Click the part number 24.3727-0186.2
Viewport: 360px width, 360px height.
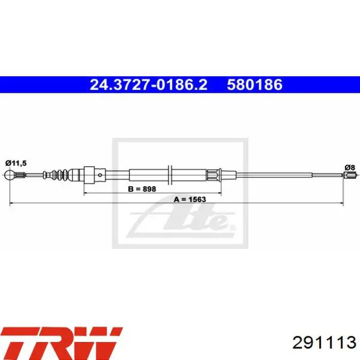pyautogui.click(x=149, y=84)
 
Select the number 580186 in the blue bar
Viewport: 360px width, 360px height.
pyautogui.click(x=255, y=84)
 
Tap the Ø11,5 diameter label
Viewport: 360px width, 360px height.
pyautogui.click(x=16, y=163)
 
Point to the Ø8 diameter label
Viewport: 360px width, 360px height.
pyautogui.click(x=350, y=167)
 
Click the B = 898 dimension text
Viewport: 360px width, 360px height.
pyautogui.click(x=142, y=189)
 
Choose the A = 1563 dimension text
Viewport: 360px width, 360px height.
pyautogui.click(x=190, y=200)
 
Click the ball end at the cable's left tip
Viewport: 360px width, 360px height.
pyautogui.click(x=9, y=175)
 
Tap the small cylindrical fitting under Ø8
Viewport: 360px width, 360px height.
pyautogui.click(x=349, y=175)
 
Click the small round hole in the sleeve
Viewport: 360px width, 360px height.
pyautogui.click(x=100, y=175)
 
